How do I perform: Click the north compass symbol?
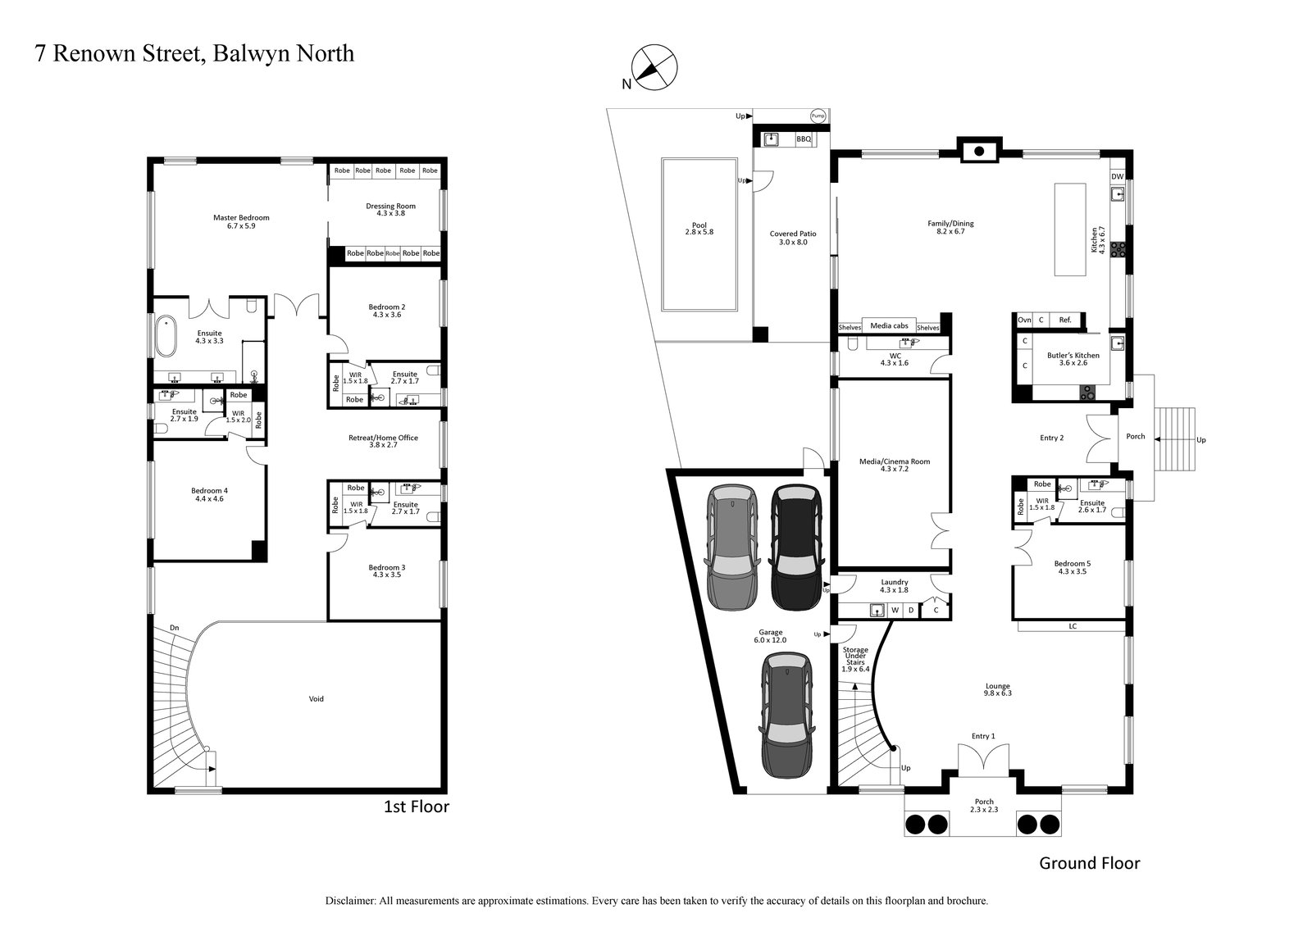click(654, 66)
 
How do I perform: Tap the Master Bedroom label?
click(241, 221)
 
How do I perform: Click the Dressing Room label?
click(390, 210)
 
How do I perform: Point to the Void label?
click(316, 699)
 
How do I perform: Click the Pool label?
click(699, 228)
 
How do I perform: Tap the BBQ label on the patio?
click(803, 140)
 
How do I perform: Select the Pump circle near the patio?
click(818, 116)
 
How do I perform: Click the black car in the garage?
click(795, 548)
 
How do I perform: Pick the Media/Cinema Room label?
click(894, 465)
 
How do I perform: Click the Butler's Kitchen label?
click(1073, 359)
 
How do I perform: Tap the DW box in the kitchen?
click(1117, 177)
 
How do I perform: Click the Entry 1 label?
click(983, 736)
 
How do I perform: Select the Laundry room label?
click(894, 585)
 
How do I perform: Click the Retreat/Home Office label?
click(384, 441)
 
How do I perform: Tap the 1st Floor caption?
click(417, 807)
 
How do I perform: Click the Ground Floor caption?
click(1089, 863)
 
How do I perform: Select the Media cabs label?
click(886, 326)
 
